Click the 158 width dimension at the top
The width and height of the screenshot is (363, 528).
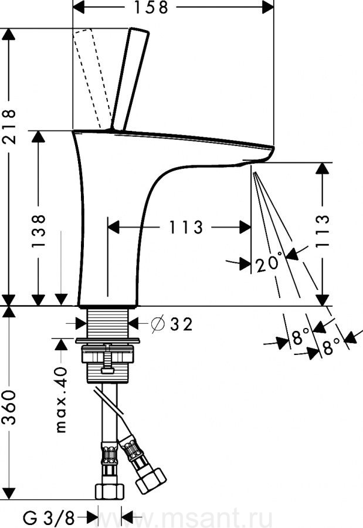pos(151,8)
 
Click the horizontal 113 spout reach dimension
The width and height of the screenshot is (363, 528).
pos(178,227)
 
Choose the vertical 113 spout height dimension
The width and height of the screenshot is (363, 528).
pos(322,228)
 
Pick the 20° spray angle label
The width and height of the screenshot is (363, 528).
pos(269,263)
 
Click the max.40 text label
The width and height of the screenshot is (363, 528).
pos(62,398)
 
